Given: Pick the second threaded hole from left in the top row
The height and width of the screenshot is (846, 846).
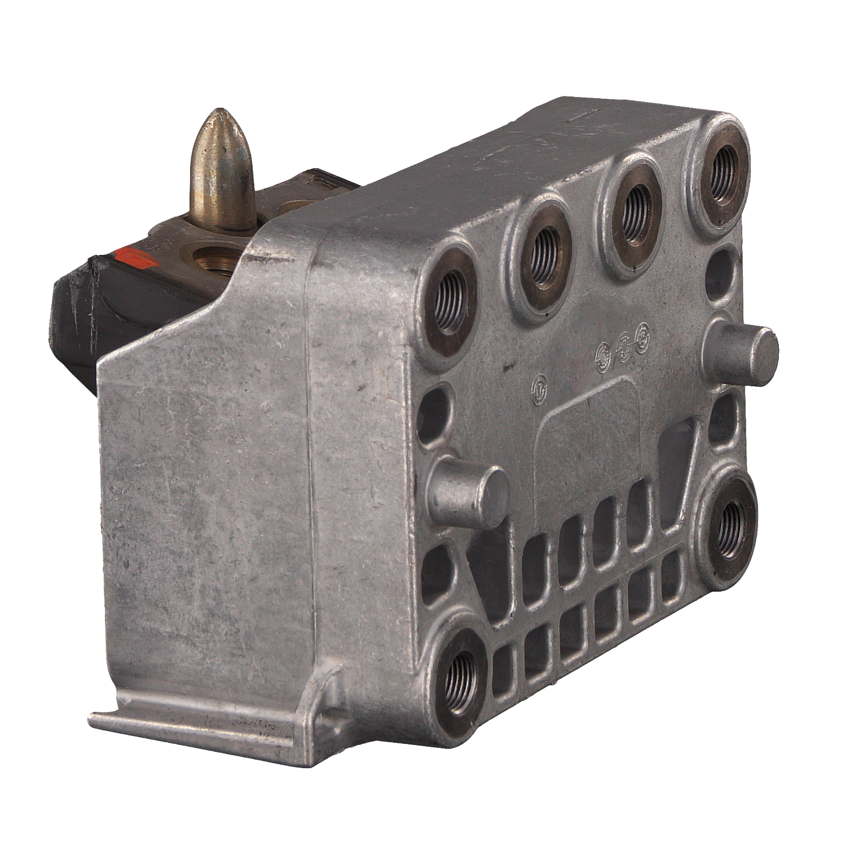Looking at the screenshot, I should tap(542, 252).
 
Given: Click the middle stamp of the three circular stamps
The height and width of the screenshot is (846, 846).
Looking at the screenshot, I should tap(624, 345).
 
